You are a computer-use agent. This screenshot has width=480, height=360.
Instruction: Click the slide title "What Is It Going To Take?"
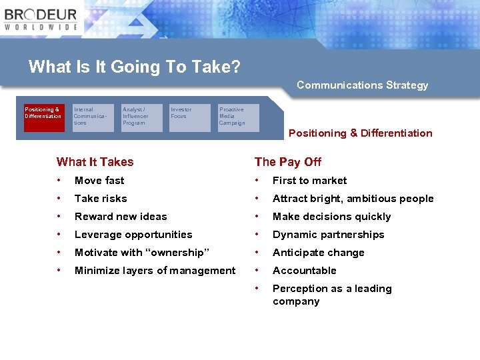tap(135, 67)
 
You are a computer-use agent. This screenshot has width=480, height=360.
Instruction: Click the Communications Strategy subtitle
tap(362, 85)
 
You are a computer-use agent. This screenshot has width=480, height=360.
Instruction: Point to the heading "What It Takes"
tap(95, 162)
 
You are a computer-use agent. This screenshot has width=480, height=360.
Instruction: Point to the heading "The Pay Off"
tap(288, 162)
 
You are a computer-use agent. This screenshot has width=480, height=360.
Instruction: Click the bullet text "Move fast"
tap(99, 181)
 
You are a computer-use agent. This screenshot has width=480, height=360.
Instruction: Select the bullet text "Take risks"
tap(101, 199)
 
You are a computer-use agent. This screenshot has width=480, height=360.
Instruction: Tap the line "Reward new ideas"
tap(121, 217)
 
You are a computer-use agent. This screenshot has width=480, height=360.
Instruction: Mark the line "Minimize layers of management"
tap(155, 271)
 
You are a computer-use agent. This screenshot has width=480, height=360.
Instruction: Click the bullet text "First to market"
tap(309, 181)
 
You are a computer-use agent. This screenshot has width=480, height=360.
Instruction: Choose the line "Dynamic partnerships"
tap(328, 235)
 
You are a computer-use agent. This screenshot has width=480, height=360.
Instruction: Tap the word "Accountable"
tap(304, 271)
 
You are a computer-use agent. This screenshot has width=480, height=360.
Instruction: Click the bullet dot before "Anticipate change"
tap(258, 253)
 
